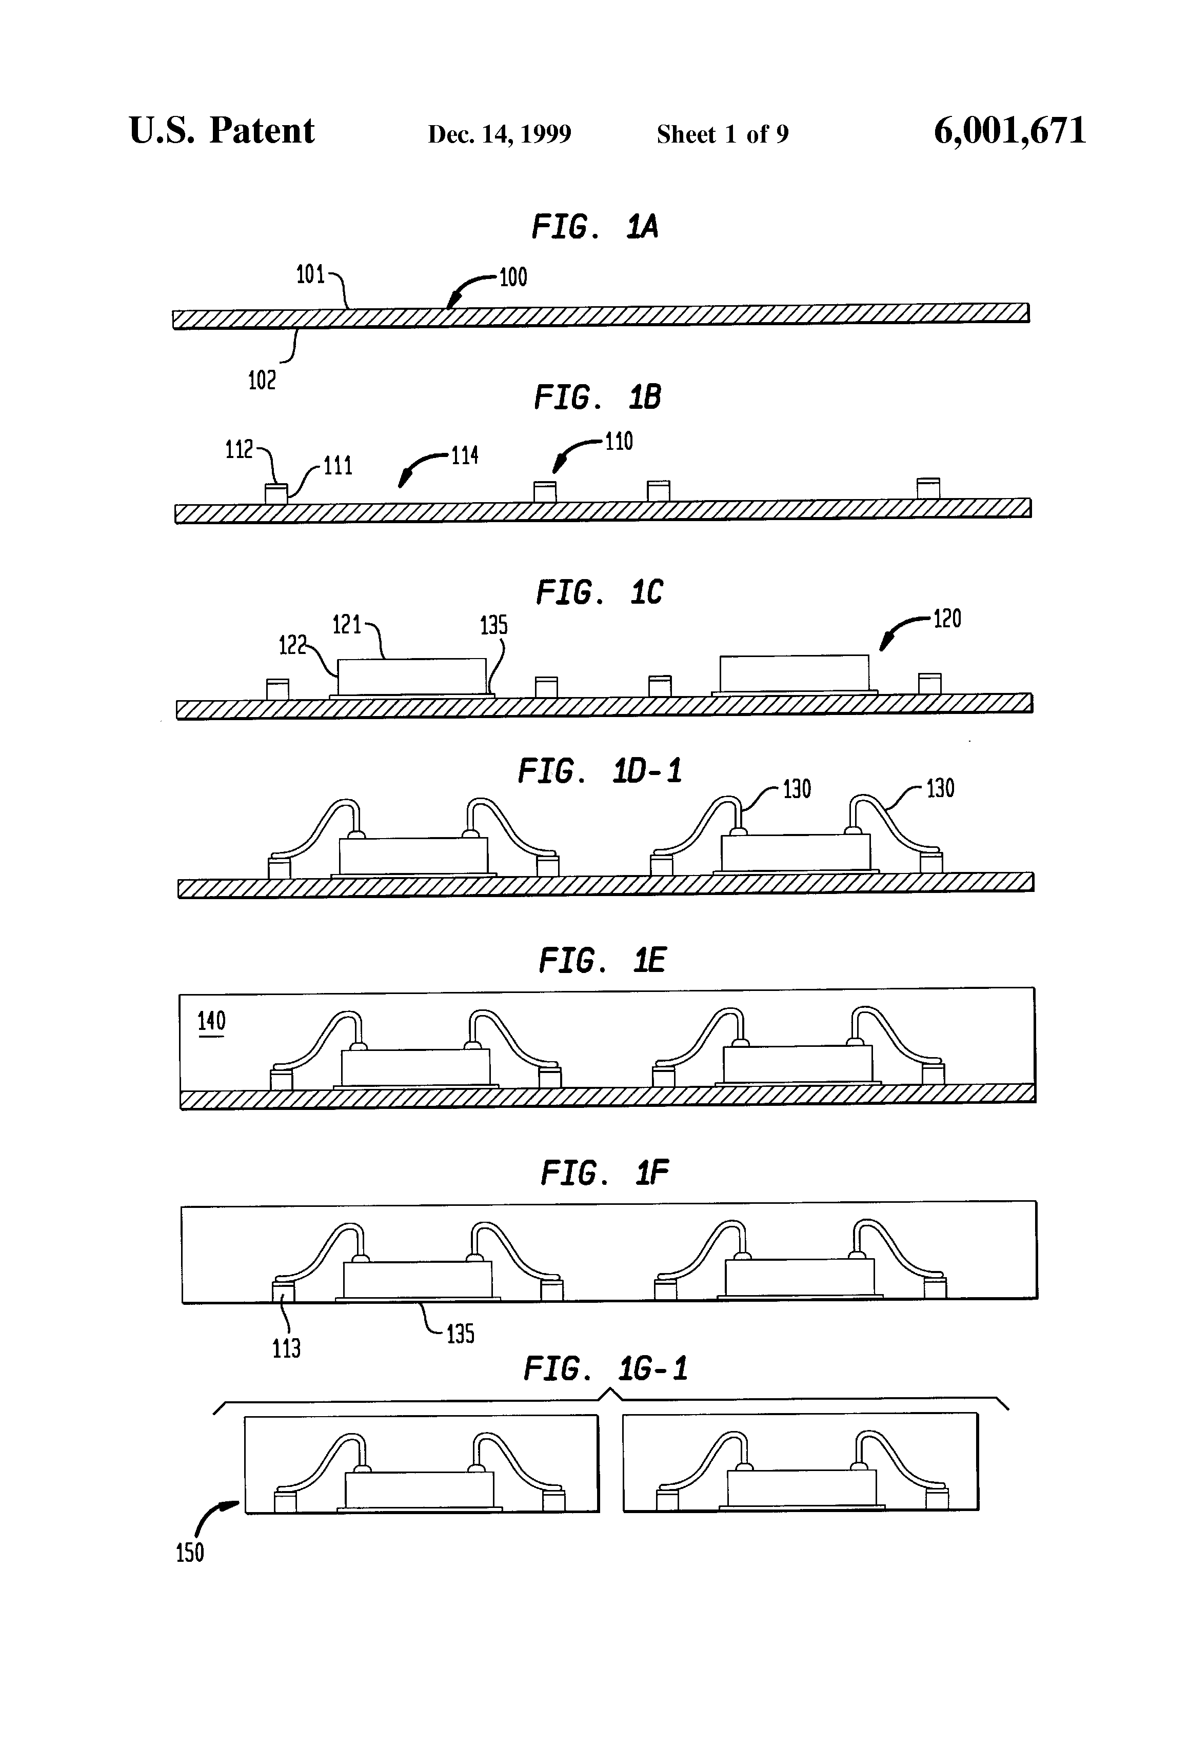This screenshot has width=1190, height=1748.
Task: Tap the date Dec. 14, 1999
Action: point(500,134)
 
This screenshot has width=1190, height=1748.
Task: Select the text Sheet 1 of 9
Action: point(722,134)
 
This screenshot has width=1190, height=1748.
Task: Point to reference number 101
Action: point(310,275)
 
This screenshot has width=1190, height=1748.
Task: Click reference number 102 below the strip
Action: point(262,381)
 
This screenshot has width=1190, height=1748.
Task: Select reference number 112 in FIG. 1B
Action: point(239,450)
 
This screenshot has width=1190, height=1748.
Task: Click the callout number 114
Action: point(464,456)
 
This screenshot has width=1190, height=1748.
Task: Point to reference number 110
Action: point(618,442)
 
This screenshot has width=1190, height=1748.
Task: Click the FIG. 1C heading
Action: point(599,593)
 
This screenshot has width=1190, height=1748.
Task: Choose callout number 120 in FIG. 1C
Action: point(947,619)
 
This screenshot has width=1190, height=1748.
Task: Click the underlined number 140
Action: point(211,1021)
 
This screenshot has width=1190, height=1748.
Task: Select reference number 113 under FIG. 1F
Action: point(286,1348)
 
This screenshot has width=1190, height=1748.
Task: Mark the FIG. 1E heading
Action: point(602,961)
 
